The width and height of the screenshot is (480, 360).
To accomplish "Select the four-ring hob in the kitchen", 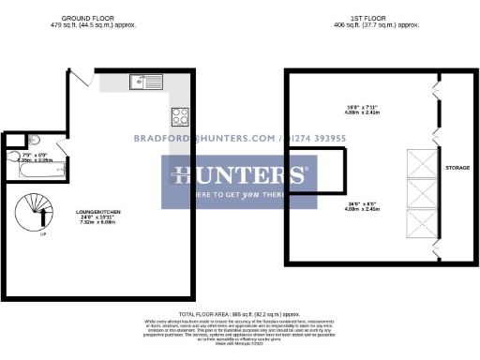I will [x=180, y=117].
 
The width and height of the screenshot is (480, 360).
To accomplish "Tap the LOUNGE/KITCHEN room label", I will [x=98, y=213].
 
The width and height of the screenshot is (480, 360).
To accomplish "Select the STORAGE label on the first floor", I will [x=457, y=169].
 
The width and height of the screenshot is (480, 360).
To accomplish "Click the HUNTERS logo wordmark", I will [x=237, y=174].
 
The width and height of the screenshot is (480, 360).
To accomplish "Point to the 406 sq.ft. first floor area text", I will [x=356, y=25].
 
